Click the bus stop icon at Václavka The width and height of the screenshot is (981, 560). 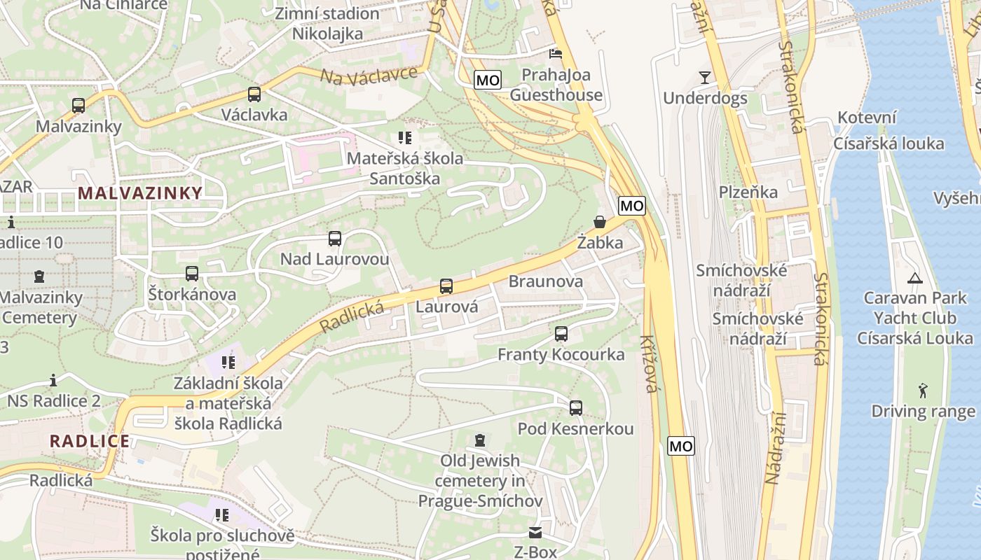coord(254,94)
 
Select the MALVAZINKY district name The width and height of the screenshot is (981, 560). coord(140,193)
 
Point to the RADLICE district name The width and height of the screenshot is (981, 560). coord(90,441)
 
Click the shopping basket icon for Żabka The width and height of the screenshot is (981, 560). coord(600,223)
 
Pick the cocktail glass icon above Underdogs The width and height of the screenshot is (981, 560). coord(704,78)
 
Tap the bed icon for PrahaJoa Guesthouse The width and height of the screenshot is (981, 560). coord(556,53)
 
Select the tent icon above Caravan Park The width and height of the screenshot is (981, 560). coord(914,278)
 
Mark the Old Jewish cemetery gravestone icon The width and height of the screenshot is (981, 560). coord(479,440)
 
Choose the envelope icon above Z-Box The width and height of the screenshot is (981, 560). coord(535,533)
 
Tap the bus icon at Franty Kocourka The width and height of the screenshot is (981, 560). coord(561,334)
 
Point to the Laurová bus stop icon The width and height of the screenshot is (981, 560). coord(446,286)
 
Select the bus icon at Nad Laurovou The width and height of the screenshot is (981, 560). coord(335,239)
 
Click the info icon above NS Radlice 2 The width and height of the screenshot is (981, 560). coord(53,381)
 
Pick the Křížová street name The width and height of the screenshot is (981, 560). coord(648,364)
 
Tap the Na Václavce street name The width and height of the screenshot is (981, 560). coord(369,74)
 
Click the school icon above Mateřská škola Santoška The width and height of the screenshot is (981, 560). coord(404,138)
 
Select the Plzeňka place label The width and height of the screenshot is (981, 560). coord(748,192)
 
